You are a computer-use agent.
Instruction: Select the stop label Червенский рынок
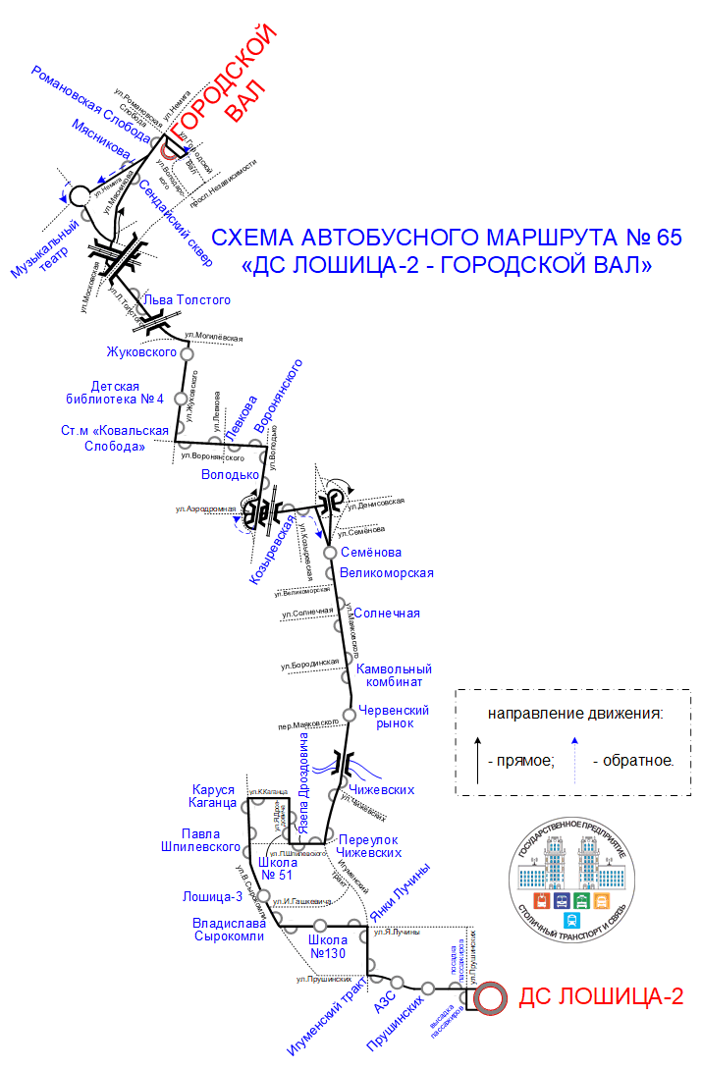point(394,717)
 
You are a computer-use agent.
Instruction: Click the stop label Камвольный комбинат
point(394,674)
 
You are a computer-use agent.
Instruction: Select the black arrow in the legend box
point(478,760)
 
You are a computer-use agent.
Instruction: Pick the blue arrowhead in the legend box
point(575,741)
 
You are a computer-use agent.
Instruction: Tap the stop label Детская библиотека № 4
point(128,393)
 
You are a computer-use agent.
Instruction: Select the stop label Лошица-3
point(212,896)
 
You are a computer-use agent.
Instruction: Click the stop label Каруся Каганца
point(212,796)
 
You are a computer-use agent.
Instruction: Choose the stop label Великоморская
point(386,573)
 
